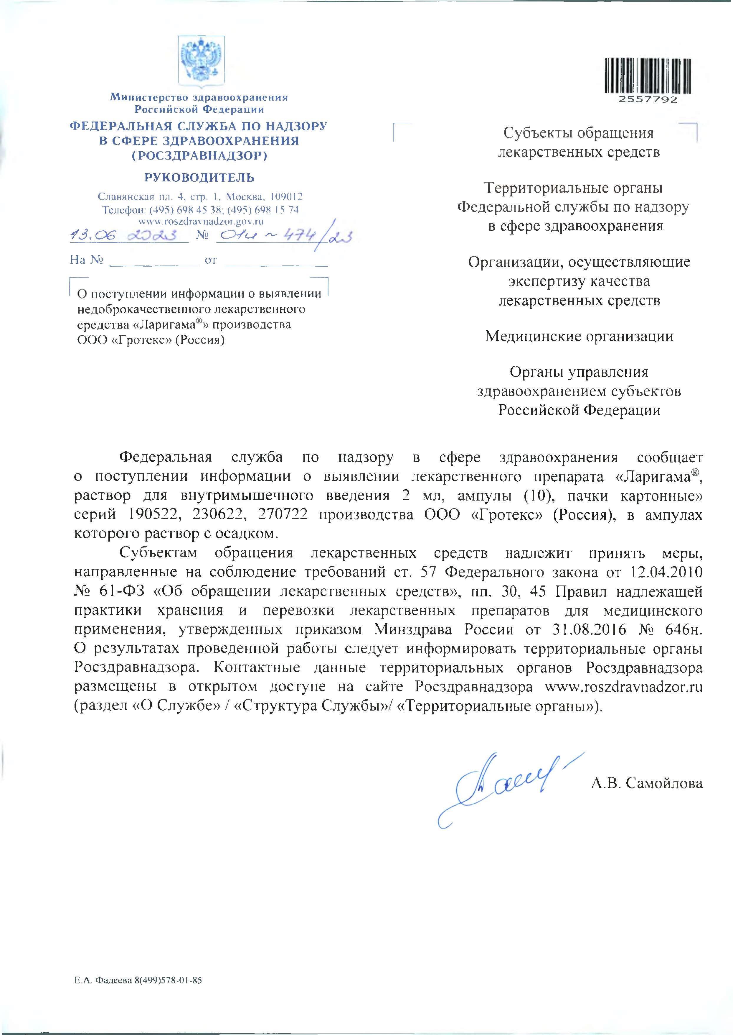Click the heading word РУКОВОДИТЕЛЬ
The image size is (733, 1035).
click(x=199, y=178)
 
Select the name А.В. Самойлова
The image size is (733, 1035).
click(x=647, y=783)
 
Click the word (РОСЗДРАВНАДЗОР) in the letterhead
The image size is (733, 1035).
click(x=199, y=156)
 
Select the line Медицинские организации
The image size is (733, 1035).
click(x=579, y=336)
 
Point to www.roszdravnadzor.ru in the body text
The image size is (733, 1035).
click(x=624, y=687)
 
